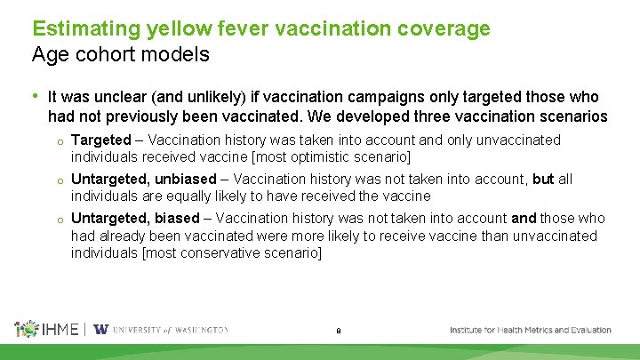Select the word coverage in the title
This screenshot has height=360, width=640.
445,28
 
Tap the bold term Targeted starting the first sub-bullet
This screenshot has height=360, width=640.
100,140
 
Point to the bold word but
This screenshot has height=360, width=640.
543,179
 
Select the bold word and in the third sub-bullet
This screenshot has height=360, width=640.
524,218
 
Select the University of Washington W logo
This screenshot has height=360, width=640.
100,329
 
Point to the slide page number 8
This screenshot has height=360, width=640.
339,332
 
